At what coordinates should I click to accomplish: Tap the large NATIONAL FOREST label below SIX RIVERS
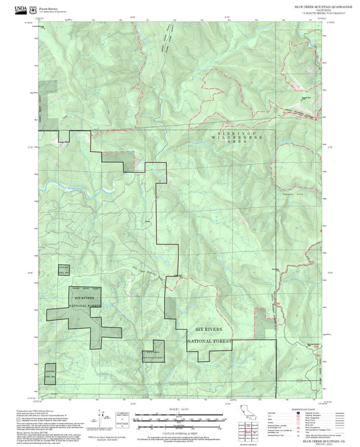coord(209,342)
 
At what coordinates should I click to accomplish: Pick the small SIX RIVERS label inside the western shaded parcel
coord(83,298)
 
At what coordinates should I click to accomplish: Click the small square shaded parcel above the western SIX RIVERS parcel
coord(63,269)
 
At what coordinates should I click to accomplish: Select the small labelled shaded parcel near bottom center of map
coord(153,354)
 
